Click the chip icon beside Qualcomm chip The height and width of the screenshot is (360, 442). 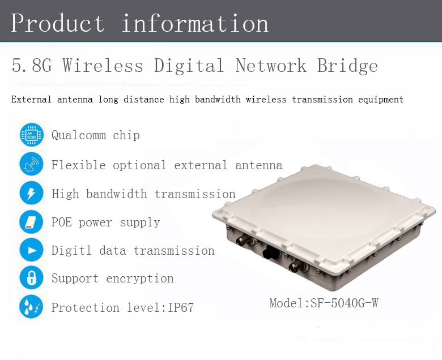[x=32, y=135]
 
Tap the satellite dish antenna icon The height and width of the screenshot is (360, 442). [x=32, y=164]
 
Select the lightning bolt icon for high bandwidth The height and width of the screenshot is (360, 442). [x=32, y=193]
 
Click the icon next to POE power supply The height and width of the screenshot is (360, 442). [x=32, y=222]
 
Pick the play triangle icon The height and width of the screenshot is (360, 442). [x=32, y=250]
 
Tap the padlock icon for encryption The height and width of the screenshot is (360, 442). [x=32, y=277]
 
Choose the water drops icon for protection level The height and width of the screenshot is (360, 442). [x=32, y=307]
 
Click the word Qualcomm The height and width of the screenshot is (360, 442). [x=79, y=135]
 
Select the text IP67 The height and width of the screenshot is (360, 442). [x=181, y=307]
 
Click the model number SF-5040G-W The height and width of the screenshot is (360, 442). [x=344, y=303]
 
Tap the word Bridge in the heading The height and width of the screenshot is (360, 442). [x=347, y=66]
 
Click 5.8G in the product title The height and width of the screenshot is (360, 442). [x=32, y=65]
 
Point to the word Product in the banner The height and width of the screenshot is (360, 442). [x=58, y=23]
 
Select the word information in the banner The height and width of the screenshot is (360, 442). [x=195, y=23]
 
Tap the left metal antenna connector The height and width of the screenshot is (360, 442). [x=244, y=240]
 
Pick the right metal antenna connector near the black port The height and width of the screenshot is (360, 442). [x=297, y=265]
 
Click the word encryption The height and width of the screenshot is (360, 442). [x=140, y=278]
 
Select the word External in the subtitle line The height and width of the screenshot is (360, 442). [x=31, y=100]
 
